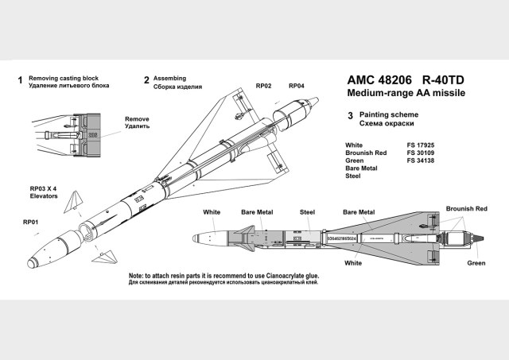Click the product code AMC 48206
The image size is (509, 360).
click(378, 80)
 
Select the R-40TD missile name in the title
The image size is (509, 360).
click(448, 80)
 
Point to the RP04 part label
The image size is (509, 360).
click(297, 85)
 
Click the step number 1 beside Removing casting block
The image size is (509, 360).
click(17, 80)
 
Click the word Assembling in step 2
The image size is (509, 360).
click(169, 79)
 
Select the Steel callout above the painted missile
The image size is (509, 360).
click(307, 213)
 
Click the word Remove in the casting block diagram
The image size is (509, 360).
click(137, 119)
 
